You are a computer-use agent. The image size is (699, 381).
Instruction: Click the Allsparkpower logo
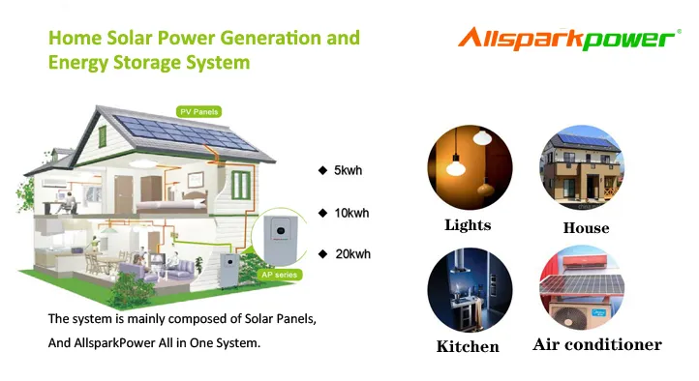click(567, 39)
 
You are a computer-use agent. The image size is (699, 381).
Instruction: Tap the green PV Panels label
click(198, 112)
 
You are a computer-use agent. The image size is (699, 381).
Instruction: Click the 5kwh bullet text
click(348, 171)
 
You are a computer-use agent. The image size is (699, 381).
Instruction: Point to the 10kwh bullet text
click(351, 213)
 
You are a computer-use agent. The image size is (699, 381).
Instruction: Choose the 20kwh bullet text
click(351, 254)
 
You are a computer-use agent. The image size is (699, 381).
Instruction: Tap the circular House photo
click(582, 168)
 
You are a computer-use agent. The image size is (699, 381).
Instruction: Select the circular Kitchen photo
click(470, 289)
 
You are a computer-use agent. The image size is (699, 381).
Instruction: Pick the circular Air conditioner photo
click(582, 289)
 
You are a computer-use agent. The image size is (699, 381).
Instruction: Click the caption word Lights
click(468, 225)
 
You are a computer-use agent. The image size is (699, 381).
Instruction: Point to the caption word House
click(586, 228)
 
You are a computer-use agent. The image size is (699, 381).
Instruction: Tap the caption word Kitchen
click(468, 346)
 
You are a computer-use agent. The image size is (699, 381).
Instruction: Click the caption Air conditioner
click(597, 344)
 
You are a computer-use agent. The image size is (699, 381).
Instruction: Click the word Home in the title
click(73, 39)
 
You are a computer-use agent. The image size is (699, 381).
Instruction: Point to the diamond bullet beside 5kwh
click(322, 171)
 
